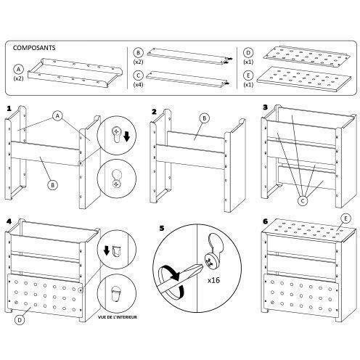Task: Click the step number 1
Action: coord(9,110)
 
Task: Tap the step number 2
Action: coord(155,112)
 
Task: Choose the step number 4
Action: coord(9,218)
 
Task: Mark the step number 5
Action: coord(160,226)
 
